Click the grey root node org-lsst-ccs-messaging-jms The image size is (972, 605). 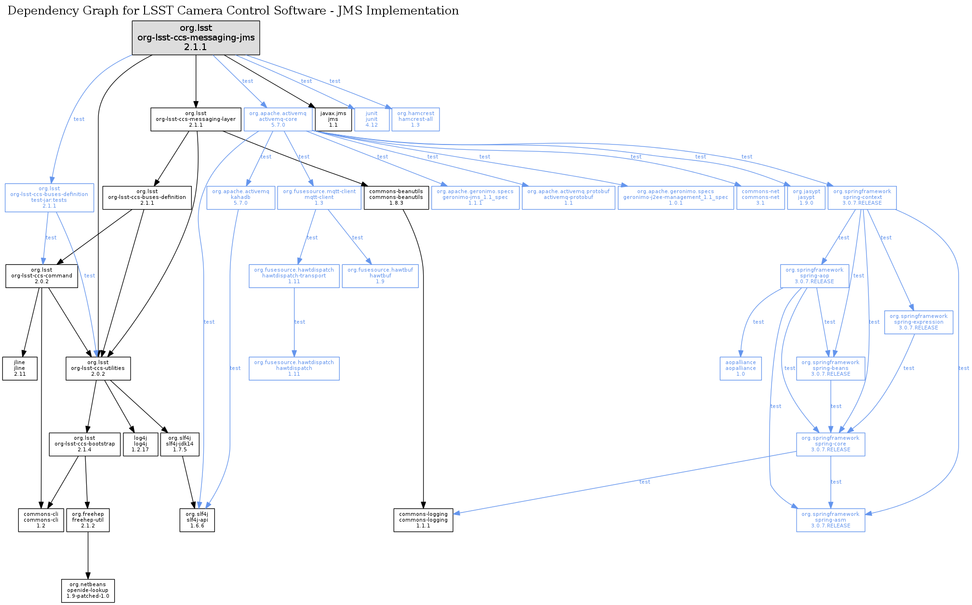click(196, 38)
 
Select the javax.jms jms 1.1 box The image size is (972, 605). click(333, 119)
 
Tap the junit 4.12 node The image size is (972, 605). click(372, 119)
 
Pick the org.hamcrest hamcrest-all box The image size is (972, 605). click(415, 119)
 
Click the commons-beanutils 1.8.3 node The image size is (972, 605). click(396, 197)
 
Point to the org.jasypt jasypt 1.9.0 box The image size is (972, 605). click(806, 197)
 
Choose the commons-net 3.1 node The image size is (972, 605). click(760, 197)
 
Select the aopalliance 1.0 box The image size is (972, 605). click(740, 368)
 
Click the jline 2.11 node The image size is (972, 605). click(20, 368)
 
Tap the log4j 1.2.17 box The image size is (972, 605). click(140, 444)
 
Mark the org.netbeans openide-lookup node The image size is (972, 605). click(88, 591)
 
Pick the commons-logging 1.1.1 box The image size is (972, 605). click(423, 520)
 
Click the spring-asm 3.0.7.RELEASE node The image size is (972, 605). click(830, 520)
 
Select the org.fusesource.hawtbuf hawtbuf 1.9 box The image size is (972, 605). click(380, 276)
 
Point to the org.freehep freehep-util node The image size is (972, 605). click(88, 520)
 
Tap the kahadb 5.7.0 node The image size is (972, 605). click(240, 197)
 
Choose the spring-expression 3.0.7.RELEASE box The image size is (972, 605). click(918, 322)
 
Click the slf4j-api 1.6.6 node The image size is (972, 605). click(197, 520)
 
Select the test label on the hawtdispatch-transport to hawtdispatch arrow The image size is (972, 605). click(300, 322)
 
